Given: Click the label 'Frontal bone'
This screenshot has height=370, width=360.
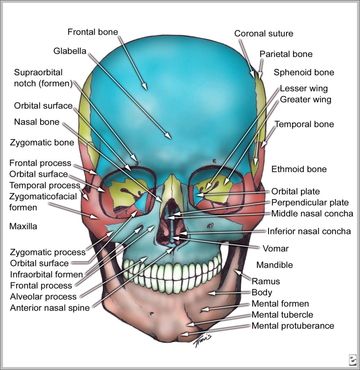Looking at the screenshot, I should click(x=93, y=32).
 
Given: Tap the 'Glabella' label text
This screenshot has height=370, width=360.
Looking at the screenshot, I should click(x=70, y=51).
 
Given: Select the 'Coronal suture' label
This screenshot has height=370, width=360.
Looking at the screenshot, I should click(x=263, y=34).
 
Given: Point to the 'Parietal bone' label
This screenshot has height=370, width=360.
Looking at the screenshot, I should click(x=286, y=54).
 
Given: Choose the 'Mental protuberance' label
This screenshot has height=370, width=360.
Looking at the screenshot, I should click(x=293, y=326).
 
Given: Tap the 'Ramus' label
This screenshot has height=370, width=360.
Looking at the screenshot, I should click(x=266, y=281).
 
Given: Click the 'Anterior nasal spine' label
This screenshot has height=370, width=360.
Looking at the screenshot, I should click(x=50, y=308).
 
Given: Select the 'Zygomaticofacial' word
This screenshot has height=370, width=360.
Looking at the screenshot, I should click(x=43, y=197).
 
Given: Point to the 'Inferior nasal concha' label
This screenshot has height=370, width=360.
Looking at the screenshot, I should click(x=309, y=231).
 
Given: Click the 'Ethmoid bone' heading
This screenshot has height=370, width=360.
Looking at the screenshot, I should click(x=299, y=169).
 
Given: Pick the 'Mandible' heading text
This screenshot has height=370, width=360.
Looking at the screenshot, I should click(x=274, y=265).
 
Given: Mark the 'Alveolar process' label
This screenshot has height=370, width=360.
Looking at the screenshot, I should click(x=43, y=297).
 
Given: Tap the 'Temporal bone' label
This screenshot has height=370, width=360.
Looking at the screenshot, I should click(x=304, y=124).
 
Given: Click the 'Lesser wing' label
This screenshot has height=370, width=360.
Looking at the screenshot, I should click(x=304, y=89).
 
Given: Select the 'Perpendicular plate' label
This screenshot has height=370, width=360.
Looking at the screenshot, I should click(x=310, y=203).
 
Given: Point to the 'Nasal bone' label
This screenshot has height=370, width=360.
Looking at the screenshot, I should click(x=37, y=122).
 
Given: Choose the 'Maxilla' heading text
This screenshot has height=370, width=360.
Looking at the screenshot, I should click(x=23, y=227).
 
